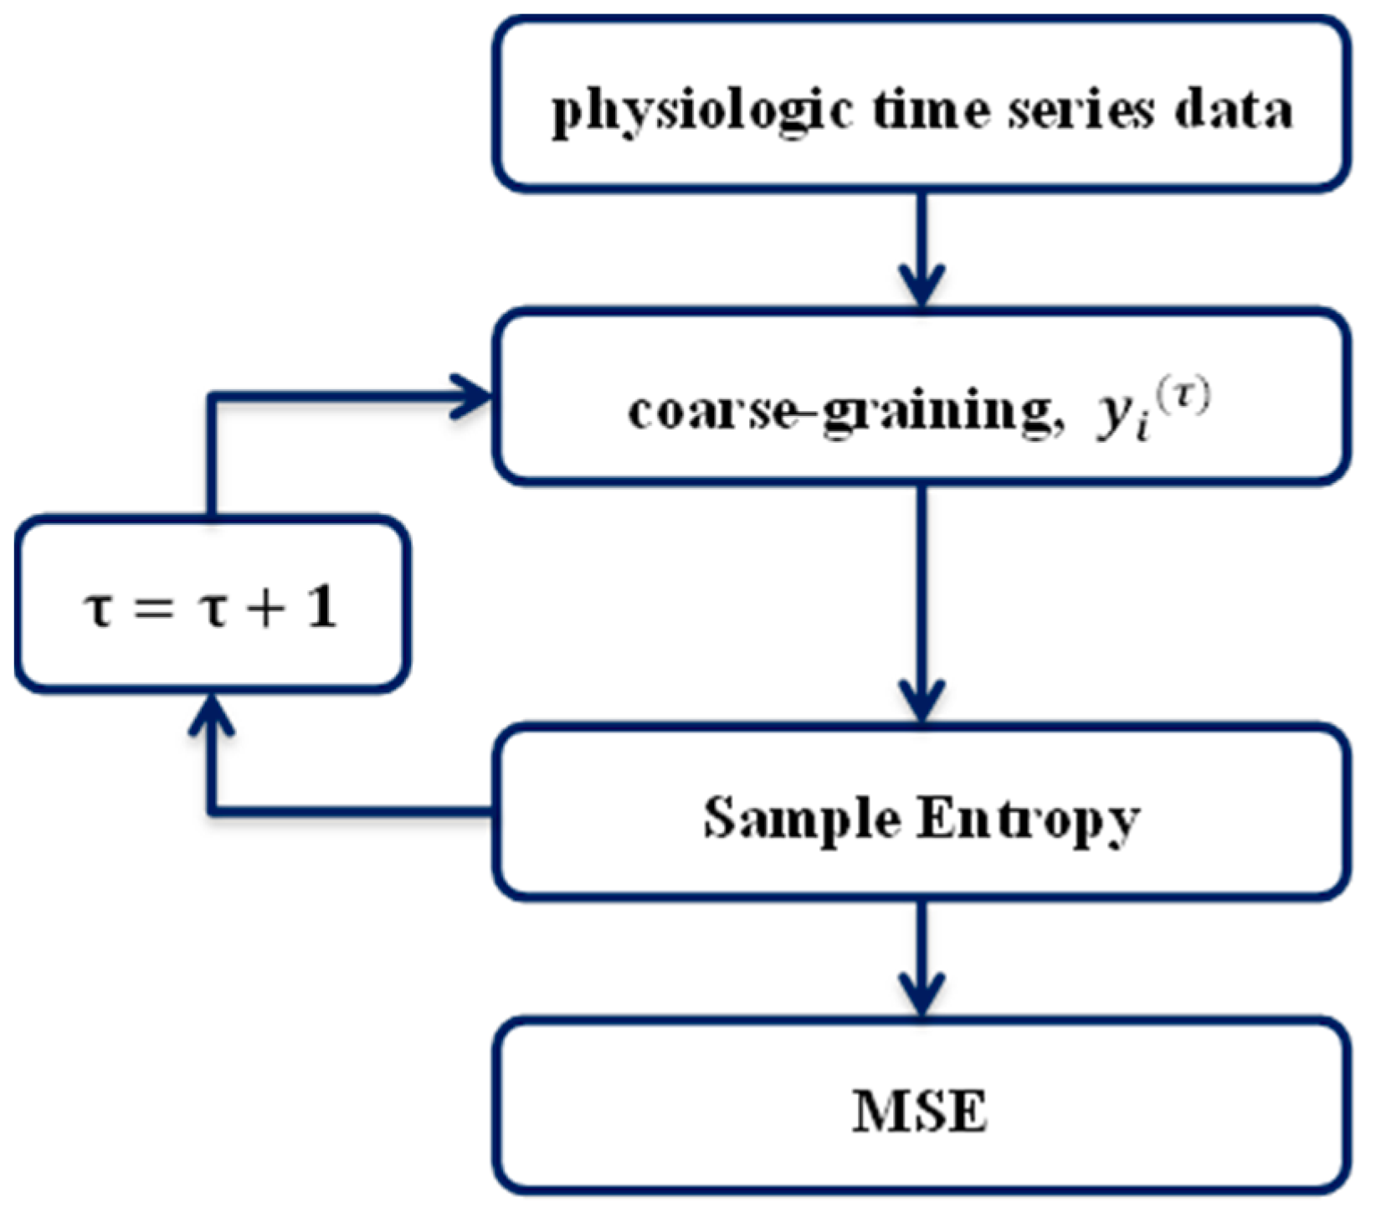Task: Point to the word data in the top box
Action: [x=1232, y=110]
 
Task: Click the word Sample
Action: [x=802, y=819]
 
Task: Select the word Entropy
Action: [x=1028, y=819]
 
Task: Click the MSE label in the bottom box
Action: [x=920, y=1112]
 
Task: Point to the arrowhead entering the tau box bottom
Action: [x=210, y=716]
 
